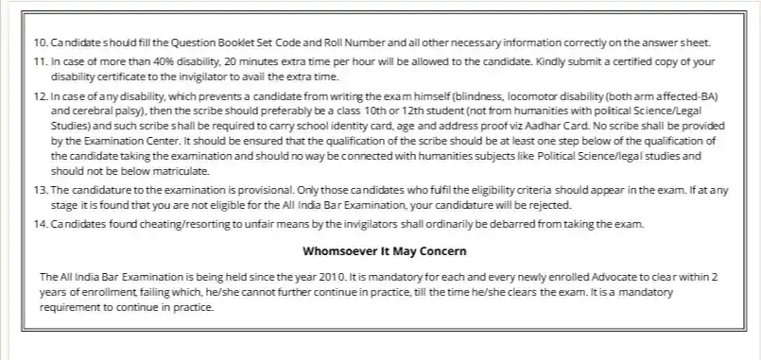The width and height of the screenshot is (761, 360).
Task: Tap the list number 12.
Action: click(39, 97)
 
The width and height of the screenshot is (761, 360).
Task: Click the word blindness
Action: click(449, 97)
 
